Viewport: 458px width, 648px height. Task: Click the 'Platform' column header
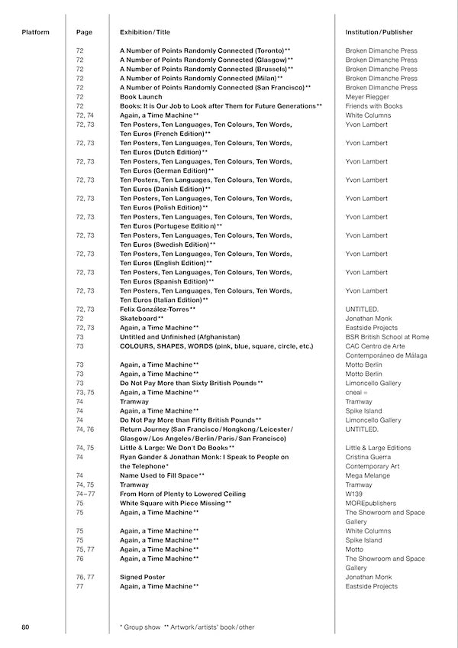point(35,33)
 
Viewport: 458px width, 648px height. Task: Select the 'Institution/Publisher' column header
point(379,33)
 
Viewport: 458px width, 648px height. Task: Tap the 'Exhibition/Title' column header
point(146,33)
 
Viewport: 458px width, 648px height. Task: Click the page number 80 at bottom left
point(26,627)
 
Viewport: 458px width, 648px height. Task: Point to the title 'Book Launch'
point(140,97)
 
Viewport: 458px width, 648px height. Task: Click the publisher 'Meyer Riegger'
point(367,97)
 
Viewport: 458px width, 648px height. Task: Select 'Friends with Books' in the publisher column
point(374,106)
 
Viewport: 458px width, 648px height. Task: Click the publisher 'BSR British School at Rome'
point(387,336)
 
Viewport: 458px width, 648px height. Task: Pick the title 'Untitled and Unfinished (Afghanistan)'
point(180,336)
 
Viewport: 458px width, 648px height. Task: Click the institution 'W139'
point(354,494)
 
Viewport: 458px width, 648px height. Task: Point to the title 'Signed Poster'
point(143,577)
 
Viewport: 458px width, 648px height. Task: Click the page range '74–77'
point(85,494)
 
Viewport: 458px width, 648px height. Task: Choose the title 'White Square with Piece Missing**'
point(175,503)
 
